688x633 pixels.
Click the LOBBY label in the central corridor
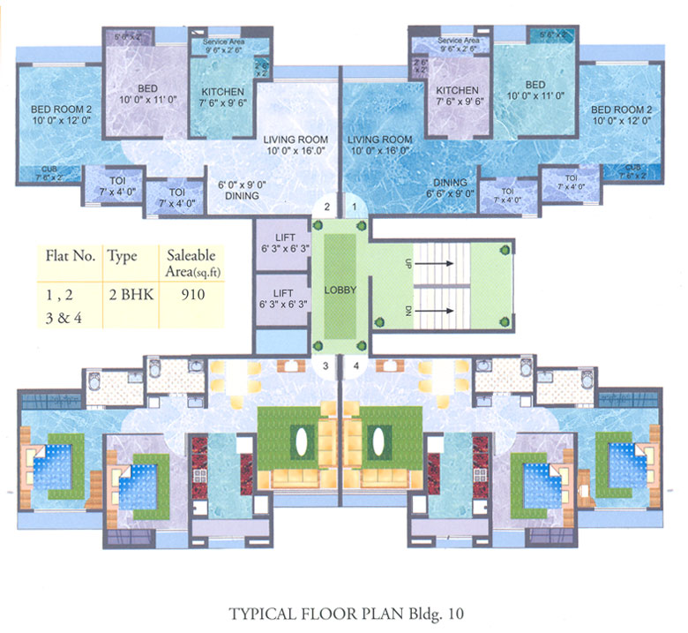tap(339, 290)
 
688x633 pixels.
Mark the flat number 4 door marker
tap(355, 364)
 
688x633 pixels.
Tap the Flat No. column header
tap(70, 256)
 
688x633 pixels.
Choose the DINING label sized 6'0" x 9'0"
tap(239, 190)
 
